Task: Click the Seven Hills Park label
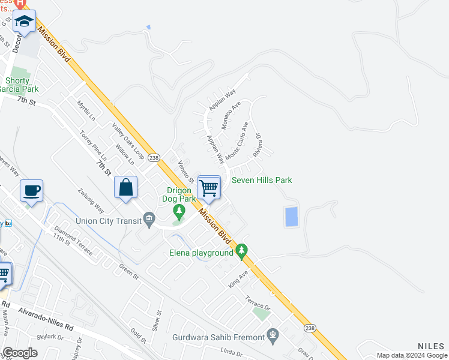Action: pyautogui.click(x=262, y=180)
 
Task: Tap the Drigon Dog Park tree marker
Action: pyautogui.click(x=178, y=211)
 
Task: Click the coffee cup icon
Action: pyautogui.click(x=31, y=191)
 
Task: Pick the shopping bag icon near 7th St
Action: pyautogui.click(x=126, y=187)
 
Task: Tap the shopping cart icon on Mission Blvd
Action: pyautogui.click(x=208, y=187)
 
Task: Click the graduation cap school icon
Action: pyautogui.click(x=25, y=22)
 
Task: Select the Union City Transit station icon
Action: pyautogui.click(x=149, y=220)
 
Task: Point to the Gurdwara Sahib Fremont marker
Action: pyautogui.click(x=273, y=334)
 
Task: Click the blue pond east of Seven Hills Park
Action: pyautogui.click(x=291, y=217)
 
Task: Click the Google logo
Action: pyautogui.click(x=20, y=353)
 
